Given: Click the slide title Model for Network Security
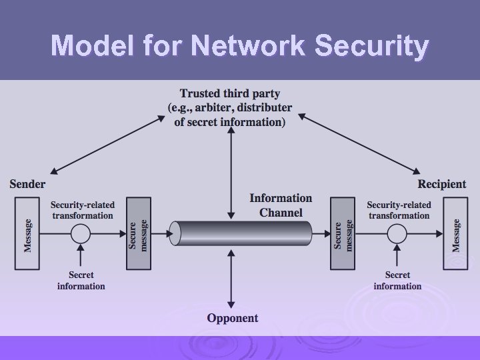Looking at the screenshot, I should click(x=240, y=46).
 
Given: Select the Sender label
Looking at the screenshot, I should click(x=27, y=183).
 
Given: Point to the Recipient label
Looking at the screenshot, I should click(x=442, y=183).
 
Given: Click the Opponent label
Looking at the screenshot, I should click(x=232, y=318).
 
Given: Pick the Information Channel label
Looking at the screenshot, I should click(x=281, y=205).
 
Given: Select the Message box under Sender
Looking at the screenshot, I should click(x=27, y=234).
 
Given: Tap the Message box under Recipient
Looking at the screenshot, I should click(x=456, y=234).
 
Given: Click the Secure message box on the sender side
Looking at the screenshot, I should click(x=139, y=234).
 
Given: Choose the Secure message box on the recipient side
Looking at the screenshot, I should click(x=343, y=234).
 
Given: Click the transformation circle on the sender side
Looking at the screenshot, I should click(x=81, y=233).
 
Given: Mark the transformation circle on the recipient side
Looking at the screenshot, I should click(x=397, y=233).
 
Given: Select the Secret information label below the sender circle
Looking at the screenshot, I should click(x=81, y=280).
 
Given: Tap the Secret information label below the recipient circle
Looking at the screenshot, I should click(x=397, y=280).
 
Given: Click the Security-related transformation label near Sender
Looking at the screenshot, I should click(x=83, y=210).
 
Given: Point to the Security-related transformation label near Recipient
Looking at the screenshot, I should click(x=399, y=210).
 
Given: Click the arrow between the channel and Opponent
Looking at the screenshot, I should click(x=231, y=280).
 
